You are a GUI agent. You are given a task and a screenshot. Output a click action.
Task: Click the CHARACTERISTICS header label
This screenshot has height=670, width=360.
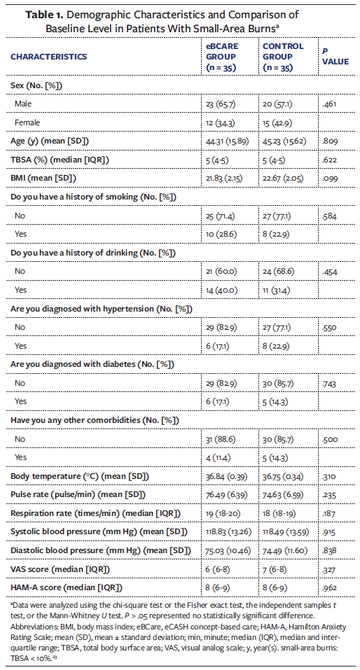tap(49, 56)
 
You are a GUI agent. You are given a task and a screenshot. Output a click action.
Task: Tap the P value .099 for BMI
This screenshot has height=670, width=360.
tap(329, 179)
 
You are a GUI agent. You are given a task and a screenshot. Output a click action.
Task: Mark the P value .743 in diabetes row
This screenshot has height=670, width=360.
tap(329, 383)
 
